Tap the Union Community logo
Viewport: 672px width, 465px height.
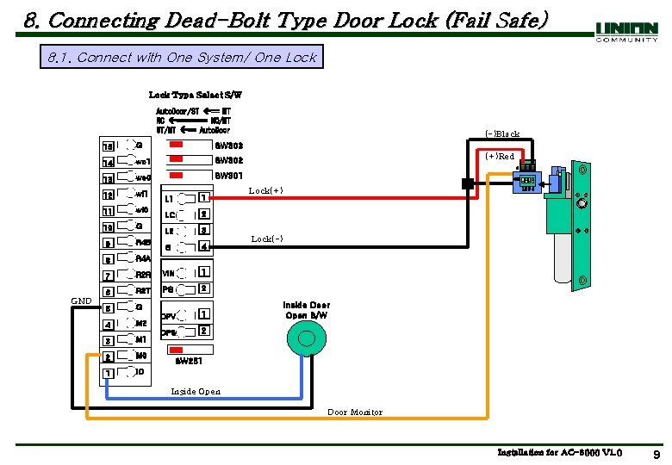point(626,32)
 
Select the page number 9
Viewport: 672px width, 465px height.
point(656,454)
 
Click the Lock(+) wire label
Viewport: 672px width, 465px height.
point(265,190)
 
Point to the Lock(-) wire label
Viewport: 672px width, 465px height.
point(266,239)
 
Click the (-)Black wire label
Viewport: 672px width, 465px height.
point(501,134)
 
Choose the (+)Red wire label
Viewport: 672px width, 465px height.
point(500,157)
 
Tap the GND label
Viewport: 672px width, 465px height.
point(81,301)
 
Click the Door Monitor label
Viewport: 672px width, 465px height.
point(354,412)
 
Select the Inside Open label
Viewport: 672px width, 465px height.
point(196,392)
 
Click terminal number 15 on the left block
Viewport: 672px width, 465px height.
point(108,146)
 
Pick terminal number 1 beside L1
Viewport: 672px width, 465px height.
point(204,198)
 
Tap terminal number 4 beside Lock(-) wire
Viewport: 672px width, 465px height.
point(204,246)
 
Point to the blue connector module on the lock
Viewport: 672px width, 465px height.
point(526,181)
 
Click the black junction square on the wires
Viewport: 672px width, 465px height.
point(467,183)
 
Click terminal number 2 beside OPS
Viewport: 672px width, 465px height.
point(204,331)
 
